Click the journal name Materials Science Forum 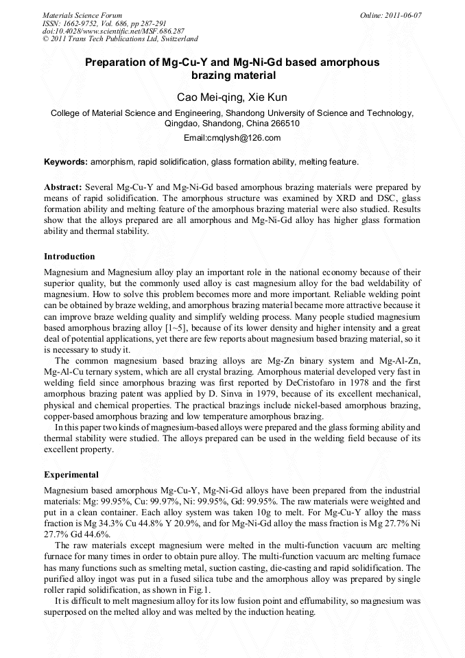click(x=82, y=14)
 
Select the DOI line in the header click(x=113, y=31)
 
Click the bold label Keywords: click(x=66, y=162)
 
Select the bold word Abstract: click(x=63, y=187)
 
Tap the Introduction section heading click(x=69, y=257)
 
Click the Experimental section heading click(x=71, y=475)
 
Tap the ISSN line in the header click(x=104, y=23)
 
